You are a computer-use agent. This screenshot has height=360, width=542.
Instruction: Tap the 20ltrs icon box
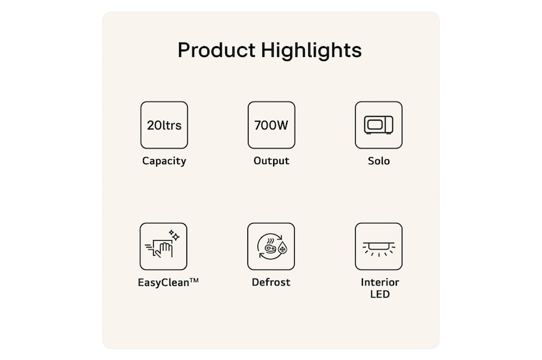tap(164, 125)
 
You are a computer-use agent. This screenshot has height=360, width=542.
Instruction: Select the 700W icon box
tap(271, 125)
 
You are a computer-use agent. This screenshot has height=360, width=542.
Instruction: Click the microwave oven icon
tap(379, 125)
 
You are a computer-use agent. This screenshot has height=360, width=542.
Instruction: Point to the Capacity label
tap(164, 161)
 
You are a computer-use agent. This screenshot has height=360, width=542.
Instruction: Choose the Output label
tap(271, 161)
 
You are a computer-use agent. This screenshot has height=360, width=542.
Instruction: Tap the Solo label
tap(379, 161)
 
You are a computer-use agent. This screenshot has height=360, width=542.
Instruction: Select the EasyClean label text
tap(159, 282)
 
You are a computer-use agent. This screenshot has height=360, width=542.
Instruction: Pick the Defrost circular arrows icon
tap(271, 247)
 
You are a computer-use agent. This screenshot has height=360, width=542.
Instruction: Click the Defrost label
tap(271, 282)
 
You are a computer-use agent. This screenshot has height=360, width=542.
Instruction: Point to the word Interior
tap(379, 282)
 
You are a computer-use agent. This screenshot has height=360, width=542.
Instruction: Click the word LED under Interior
tap(379, 294)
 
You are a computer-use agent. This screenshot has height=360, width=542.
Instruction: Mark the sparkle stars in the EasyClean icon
tap(173, 235)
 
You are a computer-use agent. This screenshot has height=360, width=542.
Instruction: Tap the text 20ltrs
tap(164, 125)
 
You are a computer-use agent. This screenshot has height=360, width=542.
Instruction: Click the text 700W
tap(271, 125)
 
